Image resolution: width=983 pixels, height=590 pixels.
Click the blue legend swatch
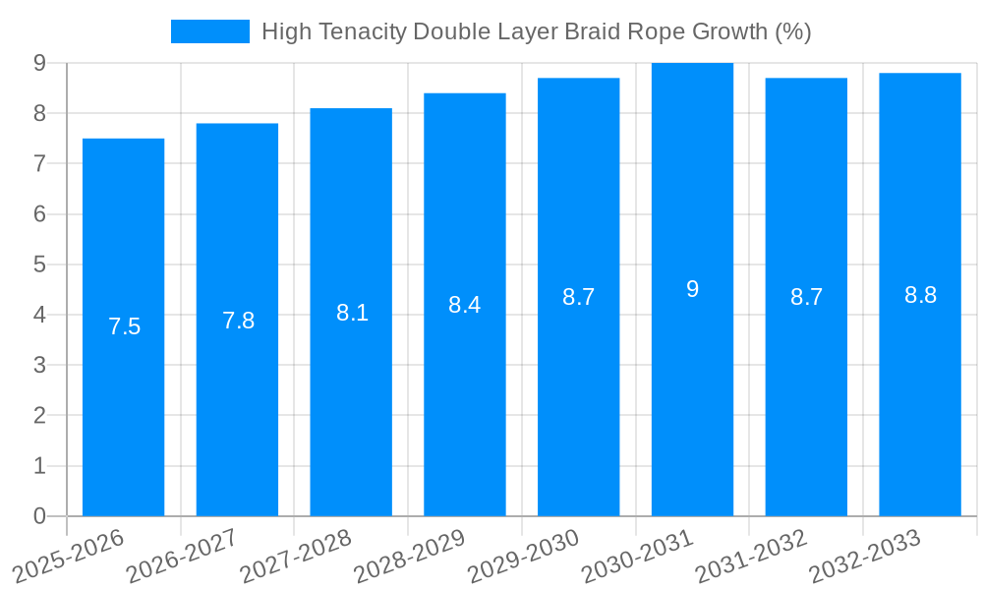coord(209,31)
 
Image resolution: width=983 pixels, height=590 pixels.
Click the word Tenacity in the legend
coord(361,31)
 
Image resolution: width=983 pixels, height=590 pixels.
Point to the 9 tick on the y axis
coord(39,63)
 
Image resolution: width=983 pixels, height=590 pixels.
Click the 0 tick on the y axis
coord(39,516)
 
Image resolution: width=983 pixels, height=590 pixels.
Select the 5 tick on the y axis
coord(39,265)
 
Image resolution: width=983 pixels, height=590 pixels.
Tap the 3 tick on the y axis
coord(39,365)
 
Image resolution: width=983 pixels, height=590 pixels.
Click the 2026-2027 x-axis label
coord(183,554)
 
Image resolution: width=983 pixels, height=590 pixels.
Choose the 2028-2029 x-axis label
coord(410,554)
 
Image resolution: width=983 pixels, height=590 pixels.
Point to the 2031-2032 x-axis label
coord(752,554)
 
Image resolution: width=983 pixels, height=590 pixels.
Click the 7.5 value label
coord(124,327)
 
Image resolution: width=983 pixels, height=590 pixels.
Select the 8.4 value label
coord(464,305)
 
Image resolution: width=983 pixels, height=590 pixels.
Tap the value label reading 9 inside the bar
coord(692,289)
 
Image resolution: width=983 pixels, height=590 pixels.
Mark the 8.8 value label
coord(920,295)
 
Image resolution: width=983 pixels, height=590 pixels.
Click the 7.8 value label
coord(238,321)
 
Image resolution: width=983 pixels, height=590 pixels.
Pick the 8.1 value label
coord(352,313)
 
